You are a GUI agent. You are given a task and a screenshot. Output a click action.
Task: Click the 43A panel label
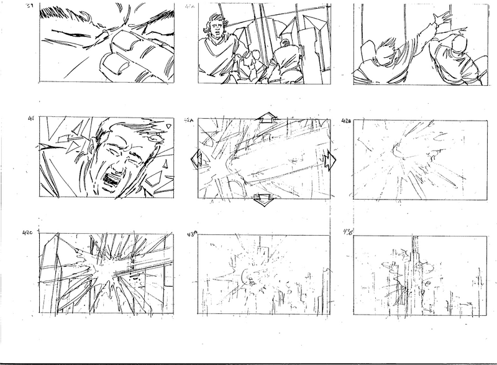pyautogui.click(x=191, y=233)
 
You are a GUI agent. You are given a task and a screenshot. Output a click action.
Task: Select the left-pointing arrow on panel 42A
pyautogui.click(x=195, y=159)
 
